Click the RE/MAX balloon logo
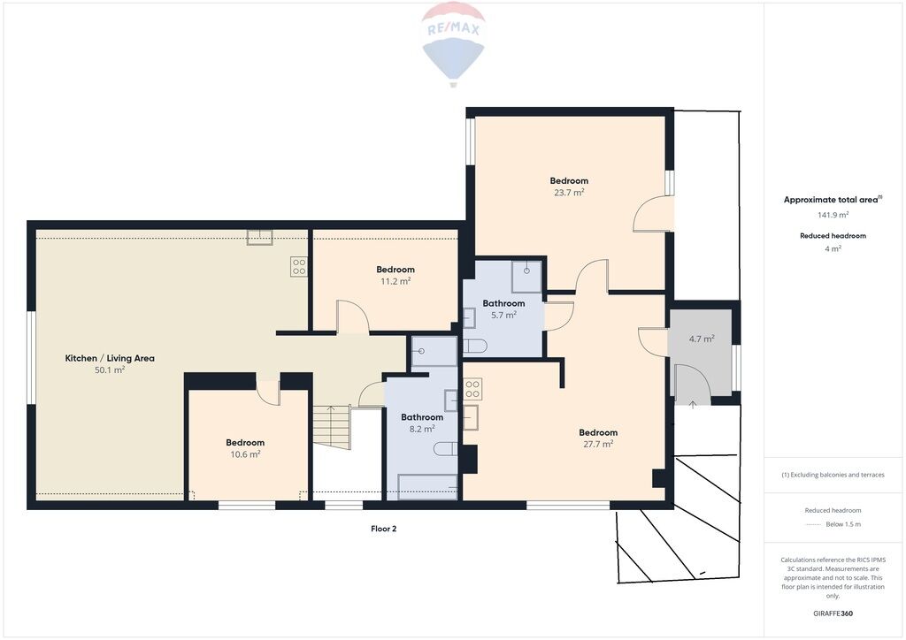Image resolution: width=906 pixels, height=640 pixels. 454,44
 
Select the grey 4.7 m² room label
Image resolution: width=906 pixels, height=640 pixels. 702,339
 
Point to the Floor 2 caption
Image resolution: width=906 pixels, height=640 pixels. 384,529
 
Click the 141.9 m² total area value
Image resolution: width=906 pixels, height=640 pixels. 833,215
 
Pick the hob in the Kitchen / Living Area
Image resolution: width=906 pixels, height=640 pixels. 299,267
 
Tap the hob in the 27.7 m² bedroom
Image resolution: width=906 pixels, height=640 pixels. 472,389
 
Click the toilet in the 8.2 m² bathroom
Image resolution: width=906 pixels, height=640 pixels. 447,448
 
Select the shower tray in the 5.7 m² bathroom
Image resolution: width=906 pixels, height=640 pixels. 526,277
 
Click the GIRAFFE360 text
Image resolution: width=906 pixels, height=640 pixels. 833,613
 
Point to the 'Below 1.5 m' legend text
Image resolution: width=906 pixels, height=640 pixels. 843,524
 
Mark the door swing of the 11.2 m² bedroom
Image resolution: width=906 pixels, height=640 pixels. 353,316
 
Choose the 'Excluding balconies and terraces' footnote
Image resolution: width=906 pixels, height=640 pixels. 833,475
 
